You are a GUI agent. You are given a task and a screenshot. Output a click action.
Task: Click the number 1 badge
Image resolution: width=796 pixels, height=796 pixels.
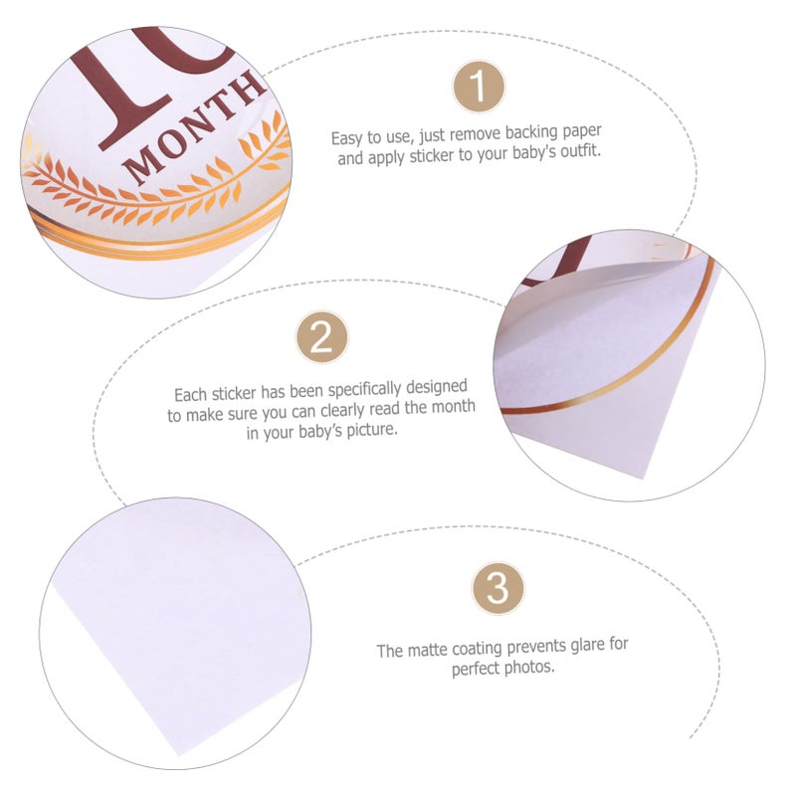[x=479, y=87]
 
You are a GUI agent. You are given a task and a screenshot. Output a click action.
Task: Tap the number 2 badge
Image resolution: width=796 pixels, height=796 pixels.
[x=321, y=336]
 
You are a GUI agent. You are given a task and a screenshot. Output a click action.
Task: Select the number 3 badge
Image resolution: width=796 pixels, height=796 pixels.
[x=498, y=588]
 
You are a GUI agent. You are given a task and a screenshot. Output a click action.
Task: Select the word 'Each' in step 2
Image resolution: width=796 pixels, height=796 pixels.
[x=190, y=394]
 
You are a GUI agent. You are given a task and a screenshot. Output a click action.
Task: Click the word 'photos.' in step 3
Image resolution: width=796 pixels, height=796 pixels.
[x=529, y=667]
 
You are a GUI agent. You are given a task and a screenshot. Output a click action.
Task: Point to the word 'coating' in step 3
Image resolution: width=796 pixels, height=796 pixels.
[x=477, y=650]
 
